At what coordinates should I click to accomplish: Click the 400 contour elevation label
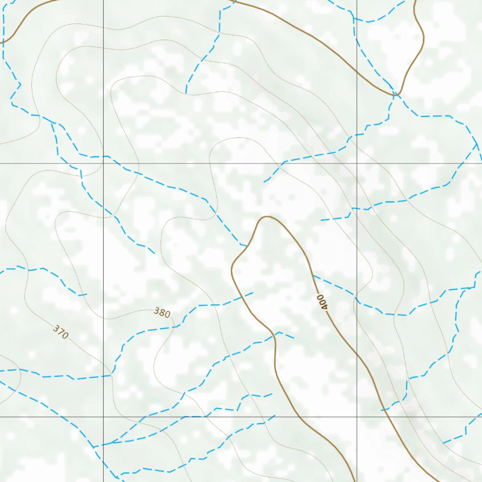[x=322, y=301]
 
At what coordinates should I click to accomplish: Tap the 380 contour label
[x=162, y=313]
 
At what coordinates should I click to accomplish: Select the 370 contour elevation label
[x=61, y=332]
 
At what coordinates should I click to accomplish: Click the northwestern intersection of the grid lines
[x=103, y=163]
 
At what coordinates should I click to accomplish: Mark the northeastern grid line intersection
[x=357, y=163]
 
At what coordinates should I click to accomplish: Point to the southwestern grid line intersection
[x=103, y=417]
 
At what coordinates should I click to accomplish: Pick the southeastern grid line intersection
[x=357, y=417]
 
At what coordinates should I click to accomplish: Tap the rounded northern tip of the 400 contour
[x=267, y=217]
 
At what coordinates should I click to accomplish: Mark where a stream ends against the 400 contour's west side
[x=246, y=245]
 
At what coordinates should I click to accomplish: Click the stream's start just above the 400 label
[x=313, y=275]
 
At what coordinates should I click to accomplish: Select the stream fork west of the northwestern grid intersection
[x=53, y=123]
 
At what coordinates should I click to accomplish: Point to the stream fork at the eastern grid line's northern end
[x=354, y=19]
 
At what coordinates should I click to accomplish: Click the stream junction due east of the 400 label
[x=455, y=289]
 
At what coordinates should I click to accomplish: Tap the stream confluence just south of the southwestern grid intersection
[x=94, y=447]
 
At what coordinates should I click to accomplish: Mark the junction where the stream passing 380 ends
[x=111, y=375]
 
